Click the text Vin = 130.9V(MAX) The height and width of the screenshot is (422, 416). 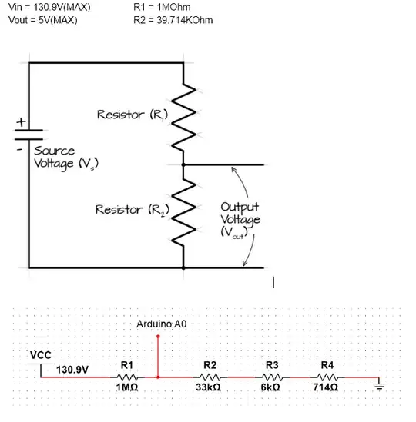[x=49, y=7]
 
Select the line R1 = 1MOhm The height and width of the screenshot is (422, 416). [x=167, y=7]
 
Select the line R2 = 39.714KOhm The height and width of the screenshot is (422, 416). [x=173, y=19]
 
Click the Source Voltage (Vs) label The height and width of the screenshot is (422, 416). [x=65, y=158]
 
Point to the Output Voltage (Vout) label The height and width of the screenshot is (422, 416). [x=240, y=220]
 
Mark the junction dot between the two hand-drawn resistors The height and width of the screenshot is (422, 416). [x=183, y=164]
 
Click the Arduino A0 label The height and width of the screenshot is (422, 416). [x=161, y=324]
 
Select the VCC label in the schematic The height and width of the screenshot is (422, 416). [x=40, y=354]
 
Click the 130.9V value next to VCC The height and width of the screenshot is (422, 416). [x=73, y=369]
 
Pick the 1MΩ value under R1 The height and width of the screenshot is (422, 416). [x=127, y=389]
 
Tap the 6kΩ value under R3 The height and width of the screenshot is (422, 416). [x=271, y=389]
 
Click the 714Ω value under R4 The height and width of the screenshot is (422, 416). [x=327, y=389]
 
